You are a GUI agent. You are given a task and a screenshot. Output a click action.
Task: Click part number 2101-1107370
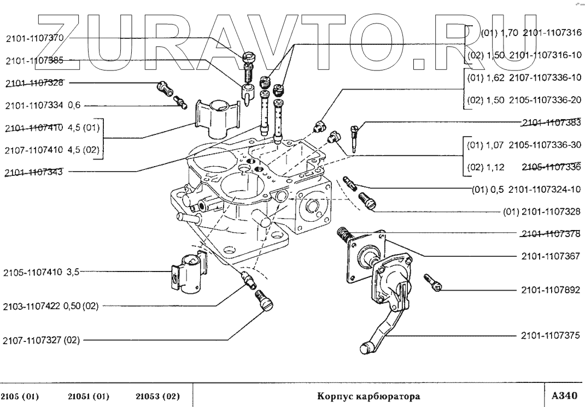pos(35,38)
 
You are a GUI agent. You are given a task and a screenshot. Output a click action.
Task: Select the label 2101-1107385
pos(35,61)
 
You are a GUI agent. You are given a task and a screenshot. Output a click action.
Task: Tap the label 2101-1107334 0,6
pos(42,105)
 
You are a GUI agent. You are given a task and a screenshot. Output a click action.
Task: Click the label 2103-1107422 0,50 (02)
pos(51,306)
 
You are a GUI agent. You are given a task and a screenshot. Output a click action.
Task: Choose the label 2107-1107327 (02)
pos(42,340)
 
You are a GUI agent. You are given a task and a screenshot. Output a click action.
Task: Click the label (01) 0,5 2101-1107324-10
pos(526,190)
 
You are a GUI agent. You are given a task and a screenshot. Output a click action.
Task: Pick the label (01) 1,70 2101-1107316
pos(530,33)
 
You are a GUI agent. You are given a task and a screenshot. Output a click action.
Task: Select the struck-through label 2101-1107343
pos(33,172)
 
